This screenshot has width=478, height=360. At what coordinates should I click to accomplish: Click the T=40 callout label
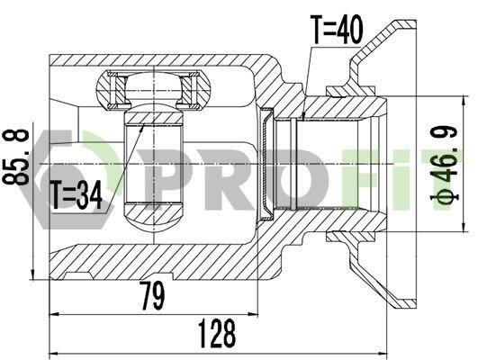click(337, 30)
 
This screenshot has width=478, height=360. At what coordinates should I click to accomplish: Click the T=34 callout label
click(77, 194)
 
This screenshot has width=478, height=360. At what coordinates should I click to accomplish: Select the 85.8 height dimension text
click(16, 157)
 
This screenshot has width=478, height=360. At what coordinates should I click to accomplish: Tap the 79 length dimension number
click(152, 295)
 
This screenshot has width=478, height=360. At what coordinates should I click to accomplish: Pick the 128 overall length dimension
click(217, 334)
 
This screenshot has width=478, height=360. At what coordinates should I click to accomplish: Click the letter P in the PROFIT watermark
click(167, 179)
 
